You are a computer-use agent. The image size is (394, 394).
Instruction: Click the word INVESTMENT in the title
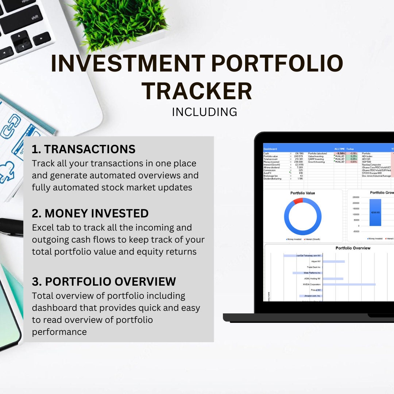click(x=128, y=63)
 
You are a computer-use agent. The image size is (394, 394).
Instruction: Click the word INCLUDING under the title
click(x=204, y=112)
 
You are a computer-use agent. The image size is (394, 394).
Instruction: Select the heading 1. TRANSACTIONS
click(x=84, y=149)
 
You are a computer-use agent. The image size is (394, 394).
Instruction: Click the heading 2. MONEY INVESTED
click(x=90, y=213)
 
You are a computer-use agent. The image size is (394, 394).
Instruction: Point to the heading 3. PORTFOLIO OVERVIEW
click(x=104, y=282)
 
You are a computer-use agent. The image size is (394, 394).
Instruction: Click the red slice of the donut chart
click(x=298, y=201)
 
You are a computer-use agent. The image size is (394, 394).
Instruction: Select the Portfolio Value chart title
click(x=302, y=193)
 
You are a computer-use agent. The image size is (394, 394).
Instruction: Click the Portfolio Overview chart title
click(x=353, y=248)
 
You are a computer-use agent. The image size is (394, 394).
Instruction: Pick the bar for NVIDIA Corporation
click(x=349, y=284)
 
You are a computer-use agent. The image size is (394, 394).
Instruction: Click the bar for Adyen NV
click(x=333, y=262)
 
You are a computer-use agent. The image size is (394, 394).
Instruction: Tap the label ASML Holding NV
click(x=312, y=279)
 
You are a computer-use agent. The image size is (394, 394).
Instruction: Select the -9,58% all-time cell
click(x=340, y=154)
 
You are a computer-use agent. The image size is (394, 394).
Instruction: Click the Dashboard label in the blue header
click(x=270, y=149)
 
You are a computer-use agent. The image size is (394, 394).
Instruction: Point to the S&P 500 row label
click(x=366, y=162)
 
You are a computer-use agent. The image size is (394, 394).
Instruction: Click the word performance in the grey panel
click(x=59, y=332)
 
